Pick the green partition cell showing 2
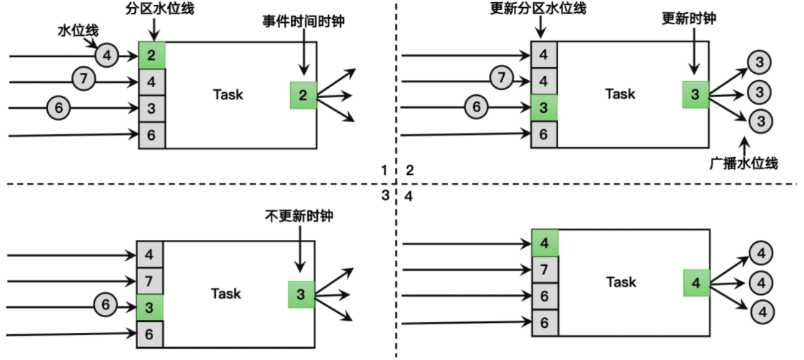coord(152,55)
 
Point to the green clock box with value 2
coord(303,95)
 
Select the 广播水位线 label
coord(743,164)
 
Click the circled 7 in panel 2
coord(502,77)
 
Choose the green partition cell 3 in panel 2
coord(544,108)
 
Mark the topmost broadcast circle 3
coord(760,63)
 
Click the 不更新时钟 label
coord(298,215)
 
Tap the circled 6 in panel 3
coord(106,306)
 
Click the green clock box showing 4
coord(696,283)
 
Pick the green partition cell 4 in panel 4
coord(545,242)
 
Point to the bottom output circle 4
coord(762,311)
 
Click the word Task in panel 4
coord(620,282)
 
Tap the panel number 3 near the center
coord(384,195)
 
